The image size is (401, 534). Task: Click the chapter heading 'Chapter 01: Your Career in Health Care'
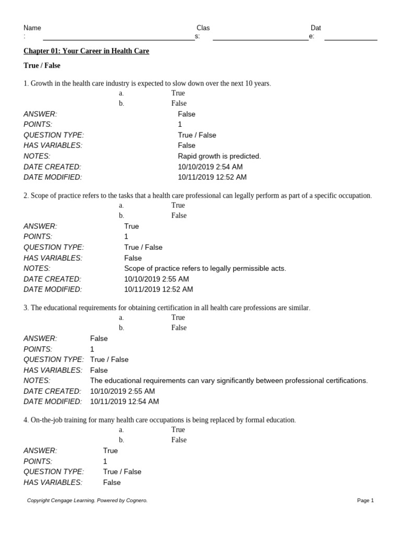[x=86, y=51]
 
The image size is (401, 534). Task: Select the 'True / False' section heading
[x=42, y=66]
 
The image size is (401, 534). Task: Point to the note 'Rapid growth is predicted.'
[x=219, y=156]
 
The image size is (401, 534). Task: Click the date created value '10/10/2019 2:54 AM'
[x=210, y=167]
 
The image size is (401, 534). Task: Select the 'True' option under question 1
[x=178, y=93]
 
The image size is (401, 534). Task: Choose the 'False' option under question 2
[x=179, y=215]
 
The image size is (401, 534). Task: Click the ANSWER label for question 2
[x=40, y=226]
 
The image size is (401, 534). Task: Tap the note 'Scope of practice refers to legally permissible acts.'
[x=205, y=269]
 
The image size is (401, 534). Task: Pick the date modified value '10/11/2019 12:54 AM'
[x=124, y=402]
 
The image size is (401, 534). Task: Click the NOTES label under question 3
[x=37, y=381]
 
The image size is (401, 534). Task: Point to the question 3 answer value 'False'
[x=99, y=338]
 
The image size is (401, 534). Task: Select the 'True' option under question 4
[x=178, y=430]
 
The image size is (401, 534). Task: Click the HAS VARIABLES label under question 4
[x=53, y=482]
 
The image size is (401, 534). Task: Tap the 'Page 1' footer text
[x=365, y=501]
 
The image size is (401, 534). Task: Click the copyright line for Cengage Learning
[x=87, y=501]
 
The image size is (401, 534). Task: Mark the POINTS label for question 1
[x=38, y=125]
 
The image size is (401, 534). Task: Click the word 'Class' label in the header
[x=203, y=28]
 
